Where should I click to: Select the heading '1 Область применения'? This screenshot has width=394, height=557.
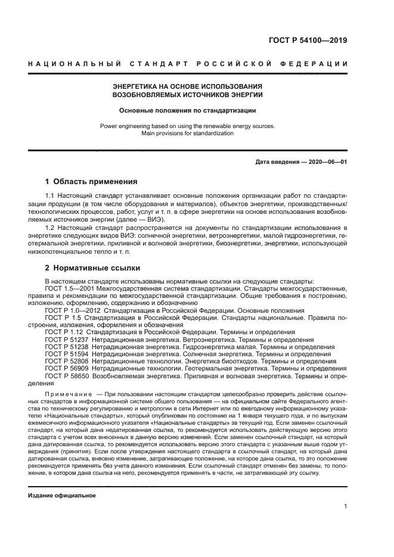(91, 182)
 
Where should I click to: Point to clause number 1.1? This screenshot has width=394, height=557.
(51, 196)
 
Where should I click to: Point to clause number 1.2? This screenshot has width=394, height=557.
(51, 228)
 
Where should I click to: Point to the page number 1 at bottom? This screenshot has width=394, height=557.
(346, 506)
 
